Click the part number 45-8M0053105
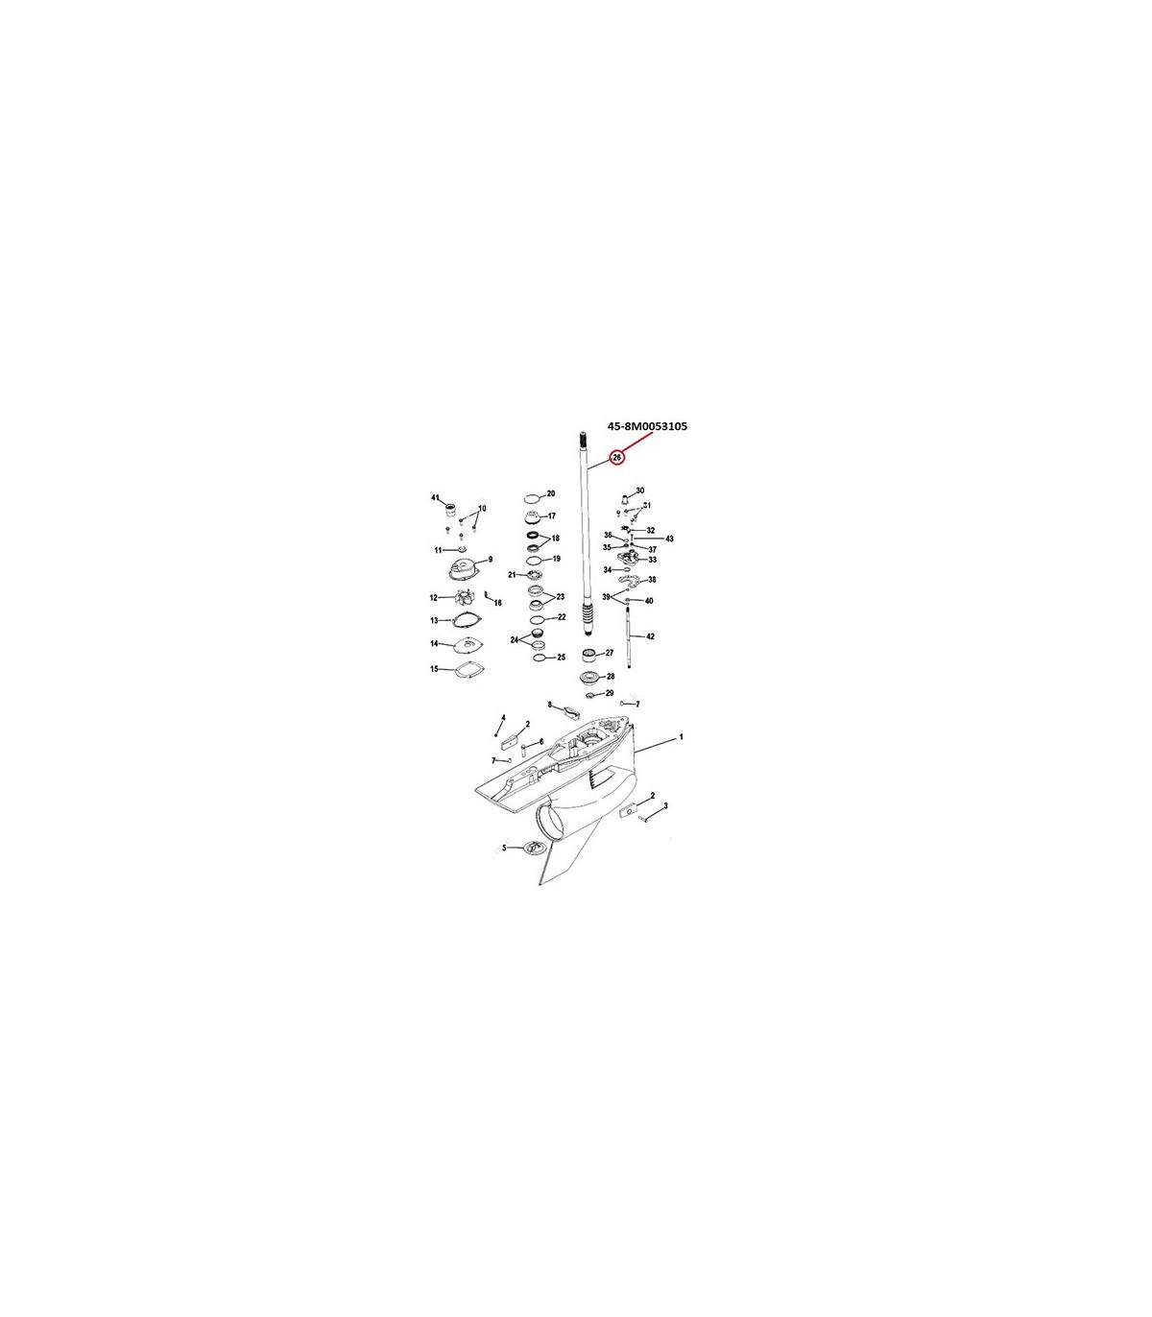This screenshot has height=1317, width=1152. tap(647, 426)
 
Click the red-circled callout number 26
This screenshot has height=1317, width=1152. tap(616, 458)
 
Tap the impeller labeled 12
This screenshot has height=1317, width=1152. tap(462, 597)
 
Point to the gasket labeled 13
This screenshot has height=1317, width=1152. tap(468, 621)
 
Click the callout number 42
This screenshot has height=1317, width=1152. tap(650, 636)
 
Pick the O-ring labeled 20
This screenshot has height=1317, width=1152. tap(533, 499)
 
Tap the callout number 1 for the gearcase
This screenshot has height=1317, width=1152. tap(682, 737)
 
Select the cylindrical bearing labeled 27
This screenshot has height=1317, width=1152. tap(588, 656)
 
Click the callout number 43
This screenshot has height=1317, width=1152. tap(669, 539)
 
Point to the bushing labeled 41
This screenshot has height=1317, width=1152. tap(450, 511)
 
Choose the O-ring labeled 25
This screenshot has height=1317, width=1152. tap(541, 658)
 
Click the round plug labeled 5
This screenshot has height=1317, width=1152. tap(533, 848)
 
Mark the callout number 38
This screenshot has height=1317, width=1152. tap(652, 580)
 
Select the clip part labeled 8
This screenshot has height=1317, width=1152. tap(572, 712)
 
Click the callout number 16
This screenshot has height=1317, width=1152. tap(497, 603)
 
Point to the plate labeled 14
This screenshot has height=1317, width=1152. tap(469, 644)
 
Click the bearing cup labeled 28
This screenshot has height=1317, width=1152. tap(588, 678)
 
